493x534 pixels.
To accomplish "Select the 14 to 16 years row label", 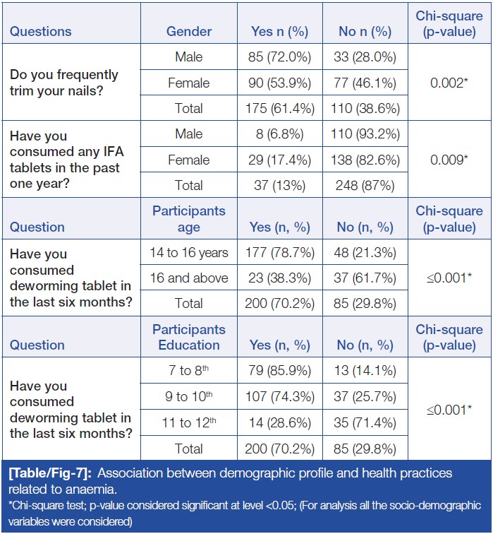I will pos(189,252).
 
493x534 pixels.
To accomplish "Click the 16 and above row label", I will pos(189,278).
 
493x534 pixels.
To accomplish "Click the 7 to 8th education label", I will pos(189,371).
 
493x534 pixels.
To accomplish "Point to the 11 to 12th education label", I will pos(189,422).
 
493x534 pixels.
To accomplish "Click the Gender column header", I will pos(189,31).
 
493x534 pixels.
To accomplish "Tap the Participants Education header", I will pos(189,337).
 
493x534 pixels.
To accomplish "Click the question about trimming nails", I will pos(64,83).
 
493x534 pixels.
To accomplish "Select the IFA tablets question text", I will pos(64,160).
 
